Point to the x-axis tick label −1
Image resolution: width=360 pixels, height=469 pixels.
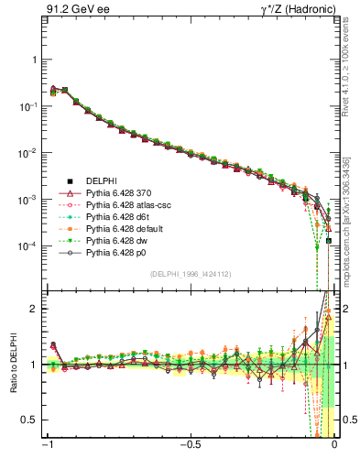pos(48,446)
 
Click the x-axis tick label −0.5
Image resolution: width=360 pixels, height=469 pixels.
pos(190,446)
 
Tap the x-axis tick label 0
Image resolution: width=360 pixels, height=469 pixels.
pos(334,446)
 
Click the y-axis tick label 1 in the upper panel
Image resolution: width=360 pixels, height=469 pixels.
pos(33,60)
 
